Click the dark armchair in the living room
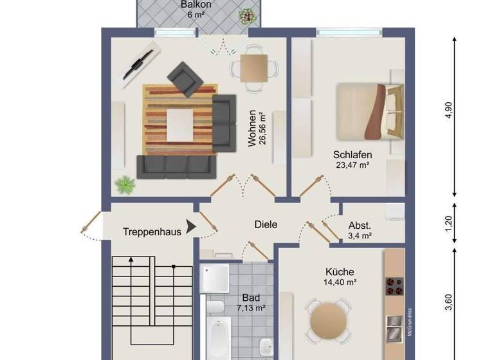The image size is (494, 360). tap(185, 78)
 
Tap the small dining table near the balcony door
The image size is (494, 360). tap(254, 67)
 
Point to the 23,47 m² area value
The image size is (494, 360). tap(352, 165)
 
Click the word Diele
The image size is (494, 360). tap(266, 225)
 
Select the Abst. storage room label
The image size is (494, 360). tap(360, 226)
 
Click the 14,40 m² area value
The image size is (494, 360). tap(340, 282)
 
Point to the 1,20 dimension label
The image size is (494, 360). tap(449, 223)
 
